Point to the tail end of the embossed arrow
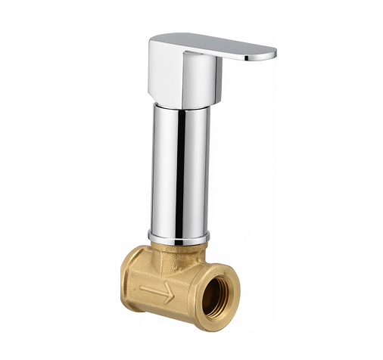[x=141, y=287]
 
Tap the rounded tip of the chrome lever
[x=271, y=54]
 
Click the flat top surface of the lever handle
[x=212, y=42]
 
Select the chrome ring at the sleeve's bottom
[x=179, y=237]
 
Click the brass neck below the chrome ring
[x=179, y=250]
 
